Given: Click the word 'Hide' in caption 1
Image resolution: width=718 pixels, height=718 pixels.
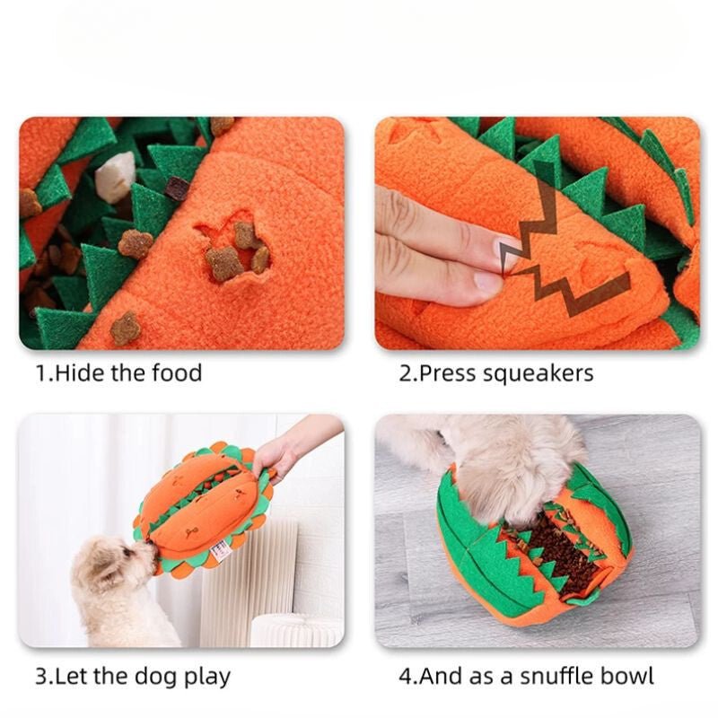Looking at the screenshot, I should [79, 372].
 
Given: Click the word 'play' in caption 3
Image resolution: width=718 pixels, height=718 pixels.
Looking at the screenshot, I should [206, 676].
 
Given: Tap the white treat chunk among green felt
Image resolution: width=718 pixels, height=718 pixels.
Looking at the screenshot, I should [115, 177].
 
